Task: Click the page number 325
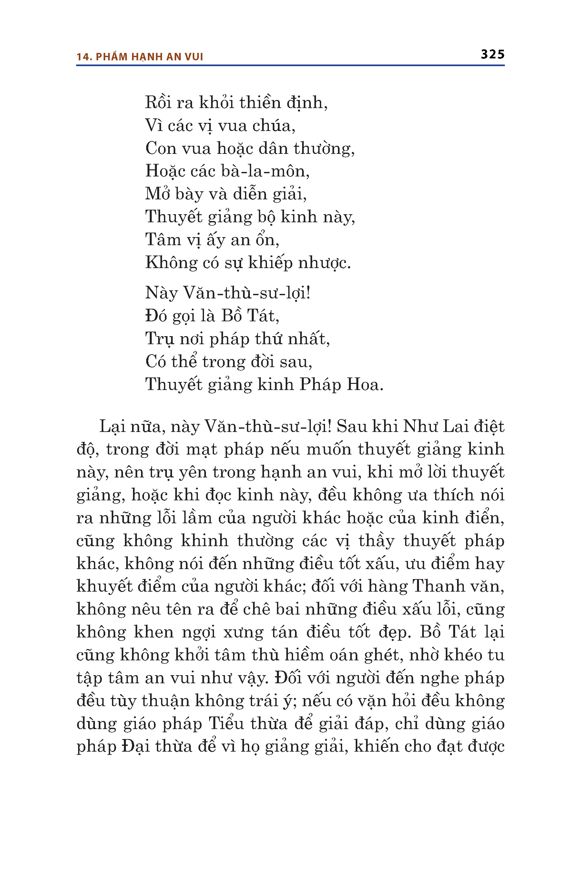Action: tap(493, 55)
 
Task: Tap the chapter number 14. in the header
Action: tap(84, 57)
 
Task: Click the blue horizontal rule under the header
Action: tap(290, 65)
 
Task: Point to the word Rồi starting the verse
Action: tap(158, 103)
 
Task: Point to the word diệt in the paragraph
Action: tap(490, 426)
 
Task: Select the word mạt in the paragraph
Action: tap(201, 450)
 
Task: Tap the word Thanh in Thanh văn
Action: tap(438, 586)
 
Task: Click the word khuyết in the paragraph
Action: tap(104, 586)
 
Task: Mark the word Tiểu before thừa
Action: tap(226, 724)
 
